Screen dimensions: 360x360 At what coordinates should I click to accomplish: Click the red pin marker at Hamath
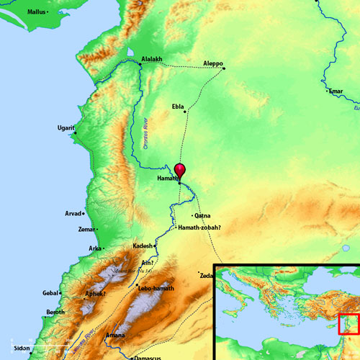point(180,171)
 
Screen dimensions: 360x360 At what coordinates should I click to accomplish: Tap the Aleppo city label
point(214,62)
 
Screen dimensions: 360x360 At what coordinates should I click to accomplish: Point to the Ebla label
point(177,106)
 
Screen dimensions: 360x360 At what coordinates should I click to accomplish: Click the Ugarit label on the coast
point(65,128)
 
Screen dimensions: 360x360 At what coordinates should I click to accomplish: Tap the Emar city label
point(336,91)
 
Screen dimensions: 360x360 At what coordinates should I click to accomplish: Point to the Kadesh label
point(143,246)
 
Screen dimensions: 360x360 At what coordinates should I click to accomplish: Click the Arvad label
point(73,213)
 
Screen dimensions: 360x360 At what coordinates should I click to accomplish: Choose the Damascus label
point(149,357)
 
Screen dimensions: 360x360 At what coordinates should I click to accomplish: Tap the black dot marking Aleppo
point(224,68)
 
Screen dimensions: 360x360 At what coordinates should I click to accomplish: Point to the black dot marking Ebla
point(186,112)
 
